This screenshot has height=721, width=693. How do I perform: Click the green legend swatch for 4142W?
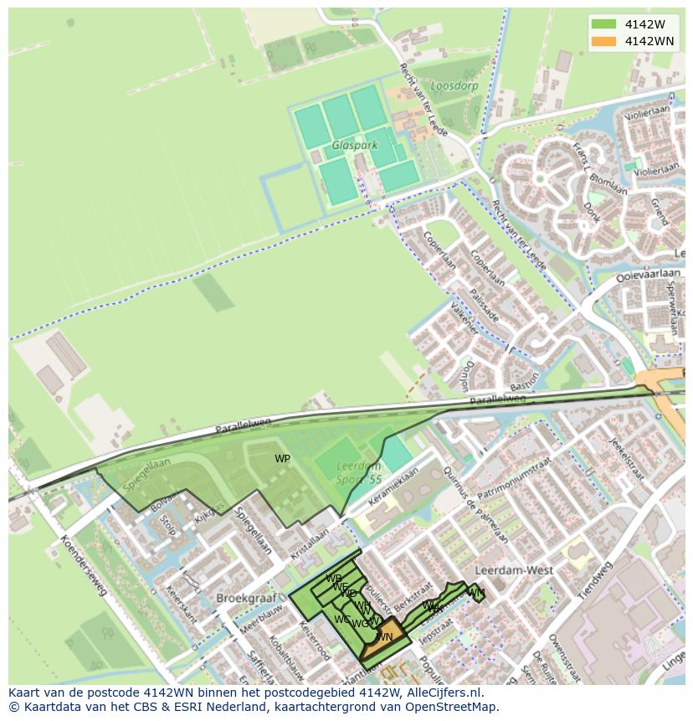click(x=603, y=23)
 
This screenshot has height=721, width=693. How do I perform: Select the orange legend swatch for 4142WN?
click(x=603, y=41)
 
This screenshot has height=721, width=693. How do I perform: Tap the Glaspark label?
click(x=354, y=146)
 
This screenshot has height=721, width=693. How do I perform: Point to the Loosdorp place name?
click(x=454, y=85)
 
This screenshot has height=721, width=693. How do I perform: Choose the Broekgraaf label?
click(x=241, y=599)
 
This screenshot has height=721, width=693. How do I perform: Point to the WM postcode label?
click(x=475, y=594)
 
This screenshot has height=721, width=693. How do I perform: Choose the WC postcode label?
click(x=342, y=620)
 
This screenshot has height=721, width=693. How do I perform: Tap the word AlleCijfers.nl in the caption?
click(x=439, y=693)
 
